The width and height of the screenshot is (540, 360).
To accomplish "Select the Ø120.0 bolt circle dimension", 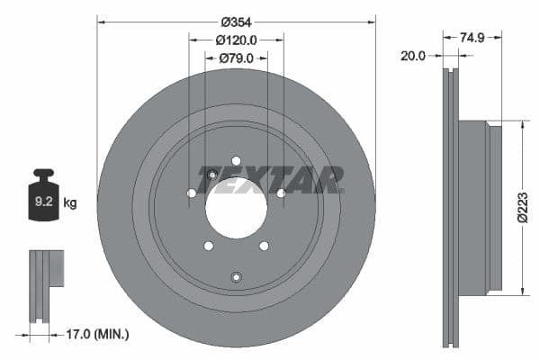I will [x=237, y=40].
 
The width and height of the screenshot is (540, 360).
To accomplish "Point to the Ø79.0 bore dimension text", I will [x=237, y=58].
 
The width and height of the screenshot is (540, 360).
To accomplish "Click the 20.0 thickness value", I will [x=413, y=56].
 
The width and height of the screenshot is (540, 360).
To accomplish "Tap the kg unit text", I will [x=71, y=203].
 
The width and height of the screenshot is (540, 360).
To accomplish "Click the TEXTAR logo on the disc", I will [x=270, y=180].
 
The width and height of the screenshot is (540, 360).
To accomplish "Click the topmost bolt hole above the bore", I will [x=236, y=161].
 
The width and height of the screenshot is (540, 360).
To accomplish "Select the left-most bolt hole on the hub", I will [x=191, y=193].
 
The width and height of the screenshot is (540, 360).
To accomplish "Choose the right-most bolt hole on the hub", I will [x=281, y=193].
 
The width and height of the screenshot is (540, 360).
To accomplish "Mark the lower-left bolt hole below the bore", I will [x=208, y=246].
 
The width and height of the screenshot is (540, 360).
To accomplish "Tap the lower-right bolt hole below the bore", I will [x=264, y=246].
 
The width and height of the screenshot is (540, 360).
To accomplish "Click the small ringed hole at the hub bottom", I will [x=236, y=276].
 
